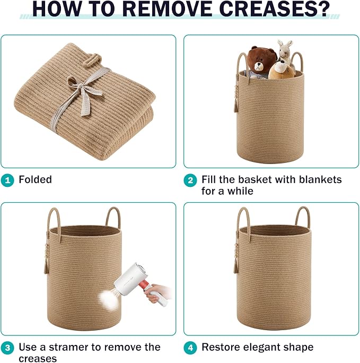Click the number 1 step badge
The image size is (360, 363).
coord(7,180)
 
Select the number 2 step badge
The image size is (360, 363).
coord(190,180)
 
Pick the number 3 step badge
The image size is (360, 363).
coord(7,348)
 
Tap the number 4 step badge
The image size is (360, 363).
coord(190,348)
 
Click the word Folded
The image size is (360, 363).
coord(35,179)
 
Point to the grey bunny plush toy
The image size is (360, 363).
coord(285,52)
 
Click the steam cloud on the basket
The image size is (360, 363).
coord(109,300)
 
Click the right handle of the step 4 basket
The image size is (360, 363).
coord(302,216)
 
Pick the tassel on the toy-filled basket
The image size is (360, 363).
coord(236,107)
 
